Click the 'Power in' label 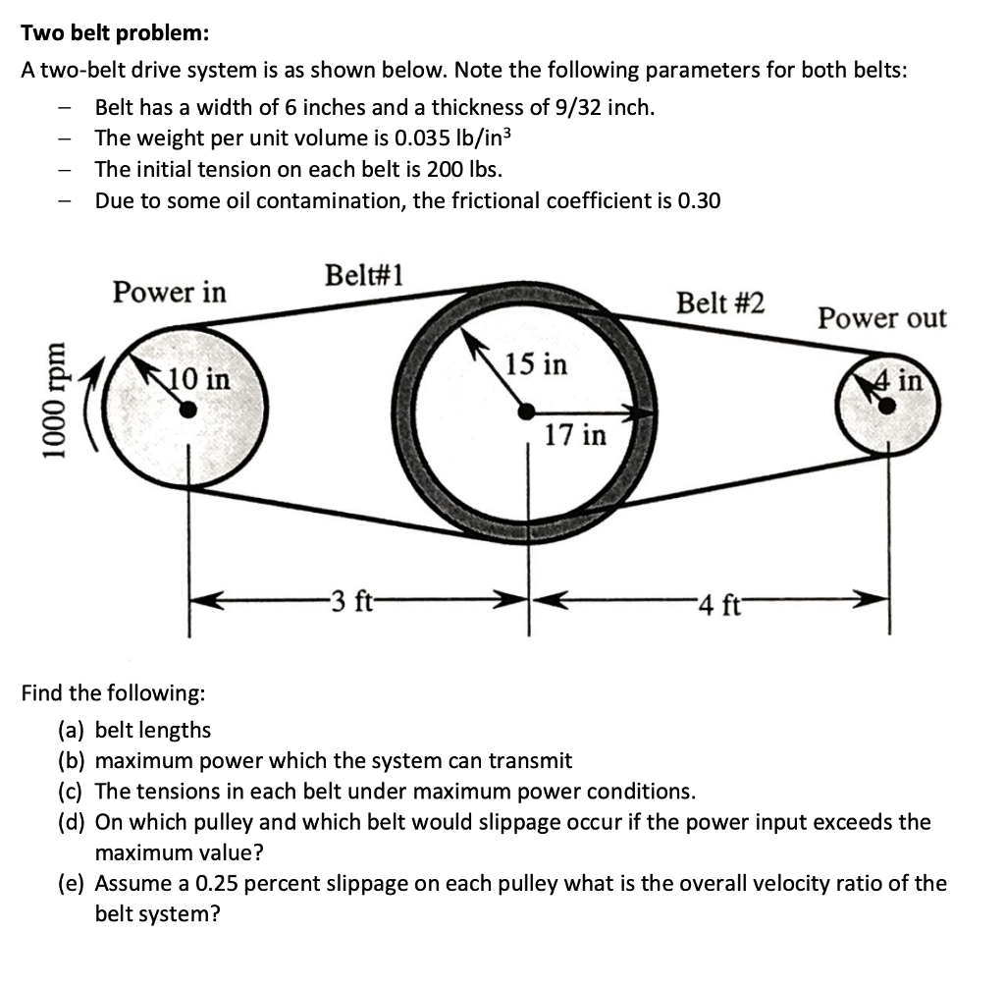[169, 292]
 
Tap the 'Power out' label [882, 318]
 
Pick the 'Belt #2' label [720, 302]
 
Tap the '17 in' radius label [575, 434]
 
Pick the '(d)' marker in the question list [75, 822]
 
